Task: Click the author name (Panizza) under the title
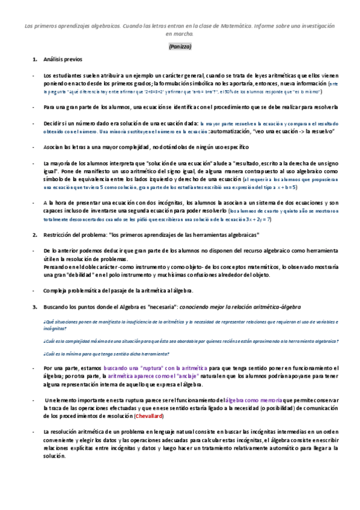pyautogui.click(x=180, y=46)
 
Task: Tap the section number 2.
pyautogui.click(x=35, y=234)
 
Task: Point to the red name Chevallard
pyautogui.click(x=150, y=416)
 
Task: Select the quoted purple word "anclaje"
pyautogui.click(x=173, y=376)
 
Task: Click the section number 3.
pyautogui.click(x=35, y=307)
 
